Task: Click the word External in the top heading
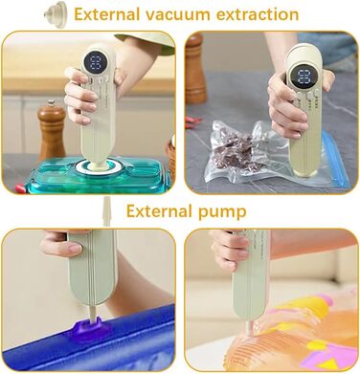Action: tap(107, 14)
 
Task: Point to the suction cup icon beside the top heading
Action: tap(56, 14)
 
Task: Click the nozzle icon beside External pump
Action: tap(107, 210)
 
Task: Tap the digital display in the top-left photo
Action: tap(96, 61)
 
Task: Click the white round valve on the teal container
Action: tap(96, 165)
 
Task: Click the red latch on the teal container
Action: tap(20, 188)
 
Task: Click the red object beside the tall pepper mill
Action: tap(193, 121)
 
